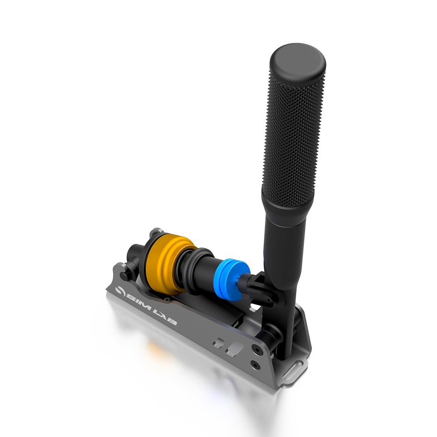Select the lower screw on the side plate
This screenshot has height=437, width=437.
coord(255,365)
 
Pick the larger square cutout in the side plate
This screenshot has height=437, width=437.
coord(235,350)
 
